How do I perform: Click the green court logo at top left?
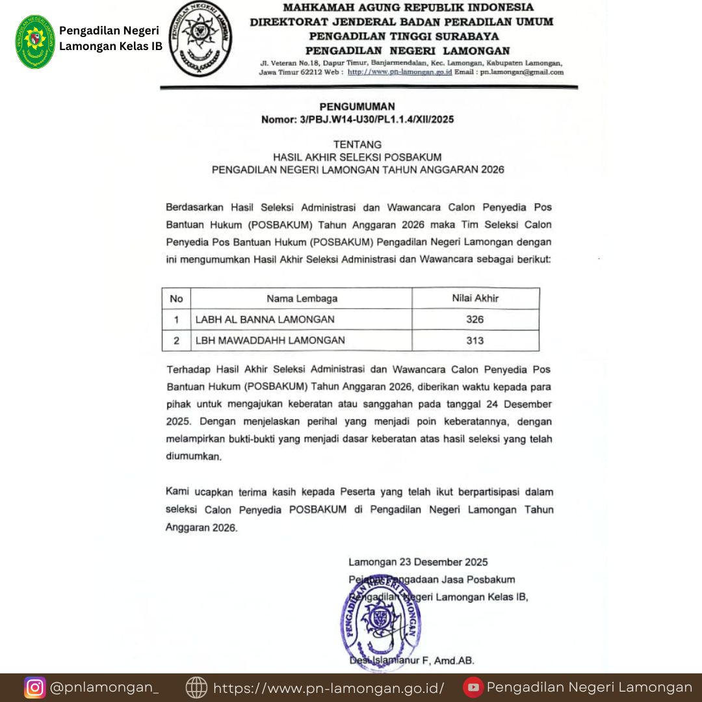click(36, 42)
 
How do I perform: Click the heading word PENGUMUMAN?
click(357, 107)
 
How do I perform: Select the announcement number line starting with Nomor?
click(357, 120)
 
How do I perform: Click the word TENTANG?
click(357, 144)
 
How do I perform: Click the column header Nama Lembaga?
click(302, 299)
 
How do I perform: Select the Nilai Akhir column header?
click(475, 299)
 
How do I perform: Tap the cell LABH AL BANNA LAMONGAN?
click(265, 319)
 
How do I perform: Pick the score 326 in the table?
click(475, 319)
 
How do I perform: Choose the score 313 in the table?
click(475, 340)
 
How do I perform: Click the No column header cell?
click(176, 299)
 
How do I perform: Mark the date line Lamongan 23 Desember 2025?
click(418, 562)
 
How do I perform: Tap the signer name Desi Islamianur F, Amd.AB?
click(411, 661)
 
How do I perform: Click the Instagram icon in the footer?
click(34, 687)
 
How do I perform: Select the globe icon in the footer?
click(196, 687)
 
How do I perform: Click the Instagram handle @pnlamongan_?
click(104, 687)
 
